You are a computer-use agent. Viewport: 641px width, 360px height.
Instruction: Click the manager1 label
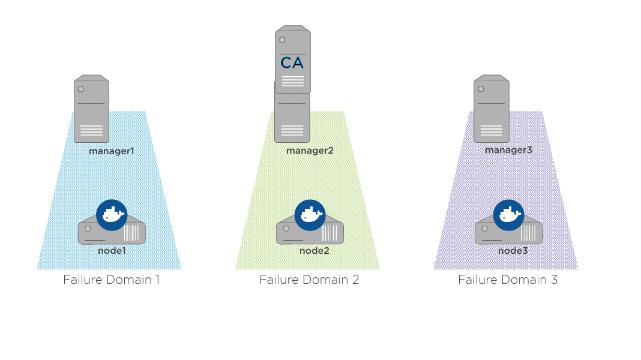111,151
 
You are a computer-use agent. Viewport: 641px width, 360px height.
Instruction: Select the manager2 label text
310,151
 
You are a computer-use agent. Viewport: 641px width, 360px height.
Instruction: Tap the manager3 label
508,150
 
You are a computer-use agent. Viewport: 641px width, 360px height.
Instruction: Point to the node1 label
112,250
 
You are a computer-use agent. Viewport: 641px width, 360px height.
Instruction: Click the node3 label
513,250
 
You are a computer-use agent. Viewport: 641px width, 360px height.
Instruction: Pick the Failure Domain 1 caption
111,280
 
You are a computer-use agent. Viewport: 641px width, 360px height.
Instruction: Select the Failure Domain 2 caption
309,280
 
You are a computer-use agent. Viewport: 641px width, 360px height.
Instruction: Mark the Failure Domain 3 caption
508,280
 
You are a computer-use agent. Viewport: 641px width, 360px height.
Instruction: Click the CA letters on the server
292,62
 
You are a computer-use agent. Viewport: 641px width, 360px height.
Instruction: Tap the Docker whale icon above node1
112,214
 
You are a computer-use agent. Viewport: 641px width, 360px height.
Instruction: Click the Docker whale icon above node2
310,214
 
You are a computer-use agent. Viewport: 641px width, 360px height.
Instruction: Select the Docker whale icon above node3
509,214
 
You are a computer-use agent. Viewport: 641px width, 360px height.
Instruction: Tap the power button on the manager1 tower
80,89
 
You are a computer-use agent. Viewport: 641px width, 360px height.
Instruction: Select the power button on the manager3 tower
480,89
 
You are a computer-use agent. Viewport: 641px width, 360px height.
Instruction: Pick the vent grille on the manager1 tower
91,130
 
